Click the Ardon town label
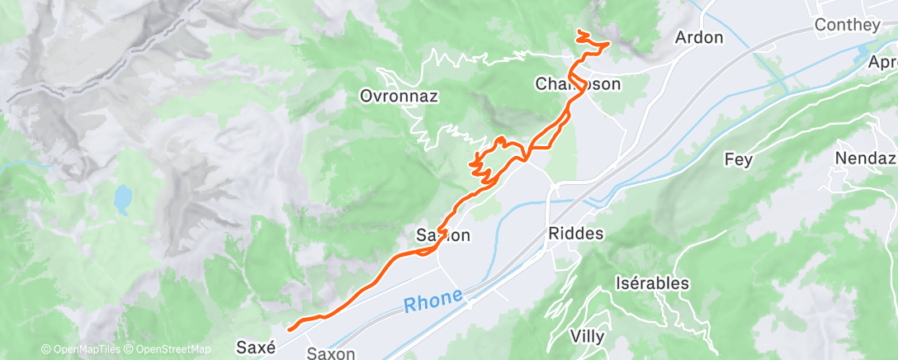[699, 37]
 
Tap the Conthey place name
[847, 25]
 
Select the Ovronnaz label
[399, 96]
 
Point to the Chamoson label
[578, 84]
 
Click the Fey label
[738, 159]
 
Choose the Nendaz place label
[865, 158]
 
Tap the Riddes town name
[575, 234]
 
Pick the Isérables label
[652, 283]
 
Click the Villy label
[588, 336]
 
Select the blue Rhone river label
[433, 301]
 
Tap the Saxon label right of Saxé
[331, 353]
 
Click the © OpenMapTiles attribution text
[80, 349]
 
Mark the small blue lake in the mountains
[122, 198]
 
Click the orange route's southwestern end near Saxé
[288, 329]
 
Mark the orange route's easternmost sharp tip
[609, 43]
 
